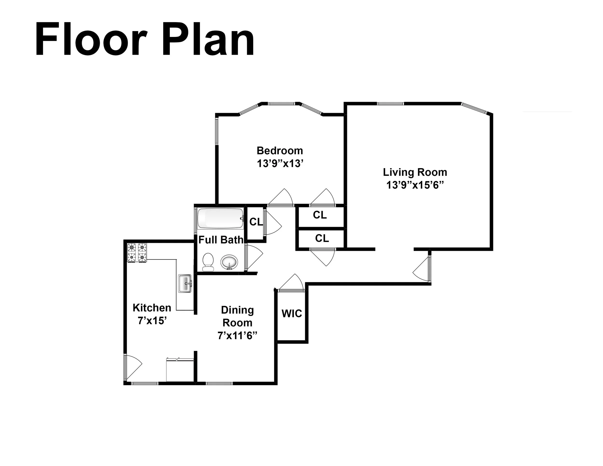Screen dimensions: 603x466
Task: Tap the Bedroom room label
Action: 280,151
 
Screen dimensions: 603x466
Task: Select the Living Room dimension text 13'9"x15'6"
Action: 415,185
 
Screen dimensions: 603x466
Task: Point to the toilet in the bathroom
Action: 208,262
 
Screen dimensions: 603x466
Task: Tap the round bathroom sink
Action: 229,262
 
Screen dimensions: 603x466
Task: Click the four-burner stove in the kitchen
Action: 137,252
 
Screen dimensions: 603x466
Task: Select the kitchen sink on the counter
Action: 185,283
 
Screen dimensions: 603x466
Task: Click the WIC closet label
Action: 292,314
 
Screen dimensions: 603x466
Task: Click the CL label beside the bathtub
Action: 256,222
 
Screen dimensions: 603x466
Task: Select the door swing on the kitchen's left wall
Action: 132,367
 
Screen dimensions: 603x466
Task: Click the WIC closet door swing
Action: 291,283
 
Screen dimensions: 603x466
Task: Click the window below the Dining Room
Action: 219,383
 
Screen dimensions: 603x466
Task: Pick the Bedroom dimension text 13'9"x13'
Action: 280,164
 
